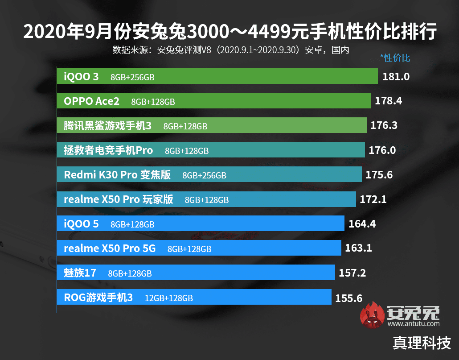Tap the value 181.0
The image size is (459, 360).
pos(396,76)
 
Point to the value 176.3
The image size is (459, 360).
pos(384,126)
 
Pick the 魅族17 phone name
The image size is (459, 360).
pos(80,273)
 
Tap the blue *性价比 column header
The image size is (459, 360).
pos(395,58)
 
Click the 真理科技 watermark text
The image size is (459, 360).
pos(422,343)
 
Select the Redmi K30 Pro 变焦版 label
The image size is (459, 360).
pos(117,175)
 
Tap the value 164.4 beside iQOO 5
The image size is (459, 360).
pos(362,223)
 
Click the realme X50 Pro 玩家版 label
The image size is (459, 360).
pos(118,199)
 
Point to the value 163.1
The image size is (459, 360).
pos(358,248)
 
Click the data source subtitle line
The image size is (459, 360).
pos(230,50)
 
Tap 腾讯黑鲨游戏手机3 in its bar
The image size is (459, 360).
pos(107,126)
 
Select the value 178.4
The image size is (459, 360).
pos(388,101)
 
